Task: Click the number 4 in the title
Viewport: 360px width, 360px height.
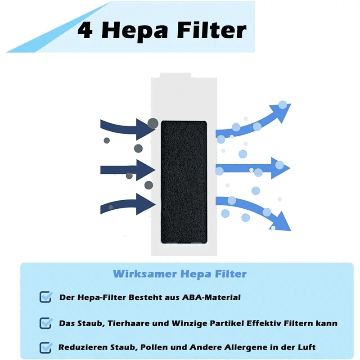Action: (x=85, y=30)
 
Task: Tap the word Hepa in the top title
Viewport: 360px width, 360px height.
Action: (x=135, y=31)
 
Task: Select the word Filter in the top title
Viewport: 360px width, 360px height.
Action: (x=211, y=30)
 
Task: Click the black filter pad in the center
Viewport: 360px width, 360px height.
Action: (x=184, y=182)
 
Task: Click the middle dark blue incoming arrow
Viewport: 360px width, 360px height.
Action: (x=128, y=170)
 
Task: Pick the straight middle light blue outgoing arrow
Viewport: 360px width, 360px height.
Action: (x=252, y=168)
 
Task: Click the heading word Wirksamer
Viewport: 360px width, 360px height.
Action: (x=145, y=274)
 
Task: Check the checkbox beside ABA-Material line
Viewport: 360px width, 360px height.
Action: (x=46, y=297)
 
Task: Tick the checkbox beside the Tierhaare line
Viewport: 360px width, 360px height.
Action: (x=46, y=323)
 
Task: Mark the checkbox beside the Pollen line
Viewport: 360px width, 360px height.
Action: (x=46, y=347)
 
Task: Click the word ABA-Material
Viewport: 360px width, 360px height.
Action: (x=211, y=297)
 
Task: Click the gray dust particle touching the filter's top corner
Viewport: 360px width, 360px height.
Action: (x=153, y=123)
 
